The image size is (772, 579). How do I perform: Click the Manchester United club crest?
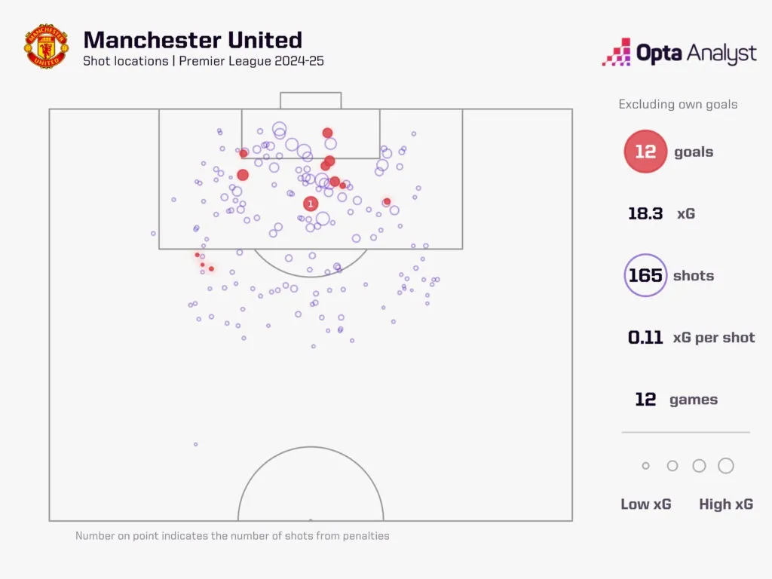click(x=46, y=46)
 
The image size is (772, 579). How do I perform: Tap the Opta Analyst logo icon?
click(x=617, y=52)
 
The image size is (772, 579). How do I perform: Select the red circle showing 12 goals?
click(x=645, y=151)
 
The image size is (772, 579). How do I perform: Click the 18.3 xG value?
click(x=645, y=213)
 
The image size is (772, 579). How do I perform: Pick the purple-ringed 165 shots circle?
click(x=645, y=275)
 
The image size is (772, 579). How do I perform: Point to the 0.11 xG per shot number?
click(x=645, y=337)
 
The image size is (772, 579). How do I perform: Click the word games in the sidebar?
click(x=694, y=400)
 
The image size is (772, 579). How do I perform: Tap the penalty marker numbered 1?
click(x=310, y=204)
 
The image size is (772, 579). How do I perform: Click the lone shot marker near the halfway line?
click(x=195, y=445)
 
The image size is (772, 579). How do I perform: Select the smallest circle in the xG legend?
click(x=645, y=466)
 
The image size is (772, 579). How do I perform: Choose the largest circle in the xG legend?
click(x=726, y=466)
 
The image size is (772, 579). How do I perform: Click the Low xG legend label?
click(x=645, y=504)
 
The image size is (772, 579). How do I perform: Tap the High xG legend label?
click(x=726, y=504)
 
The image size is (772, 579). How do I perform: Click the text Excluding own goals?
click(x=678, y=104)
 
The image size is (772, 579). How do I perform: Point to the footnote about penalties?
click(x=232, y=536)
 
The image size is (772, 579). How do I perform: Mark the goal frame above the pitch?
click(x=311, y=93)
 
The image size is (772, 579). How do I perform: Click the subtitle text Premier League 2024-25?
click(x=251, y=61)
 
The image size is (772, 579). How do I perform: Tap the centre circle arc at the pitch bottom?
click(x=311, y=447)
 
